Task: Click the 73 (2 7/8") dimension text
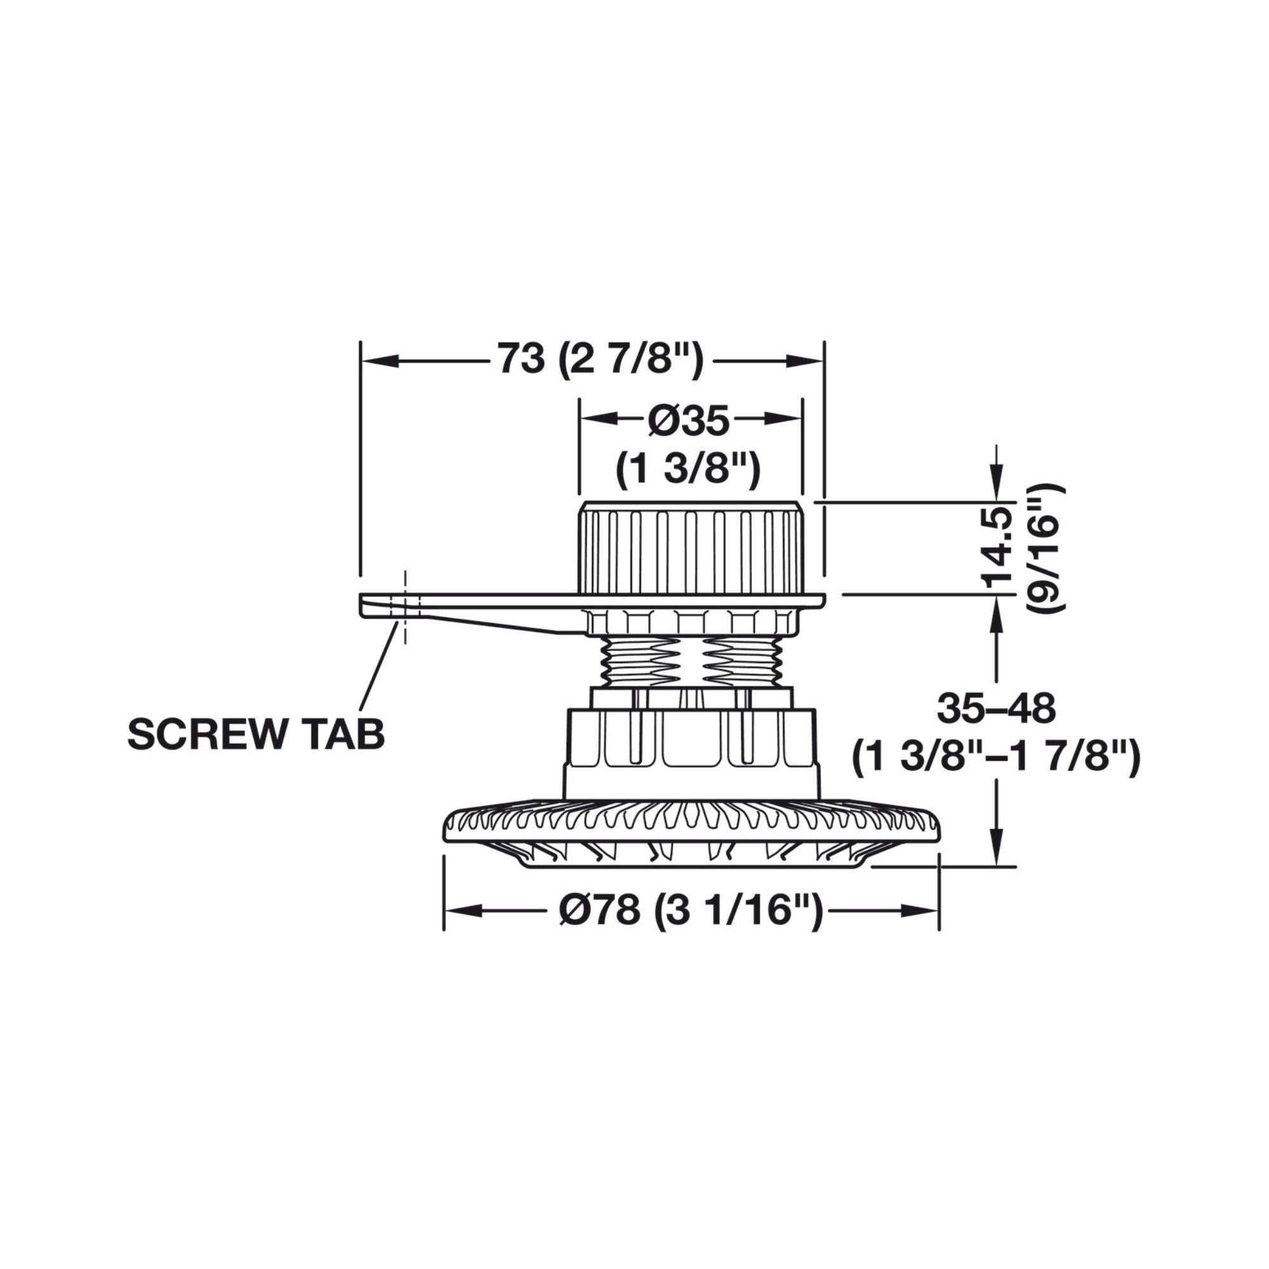(600, 359)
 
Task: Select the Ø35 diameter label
(688, 421)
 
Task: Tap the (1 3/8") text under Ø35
(688, 470)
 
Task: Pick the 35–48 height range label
(996, 708)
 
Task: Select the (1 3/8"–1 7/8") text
(996, 759)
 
